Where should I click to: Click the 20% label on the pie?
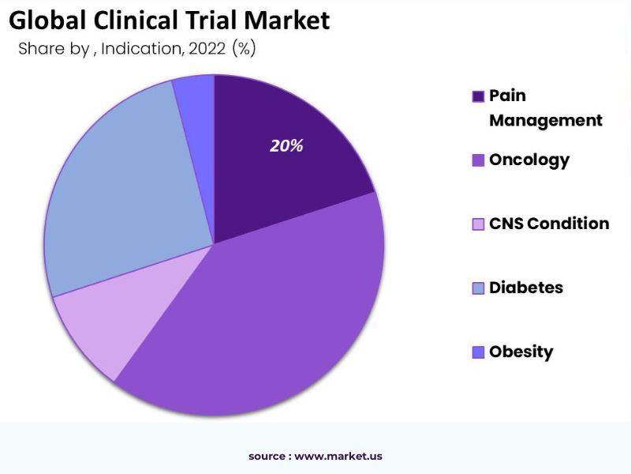click(x=286, y=146)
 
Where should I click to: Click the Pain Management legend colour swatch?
click(x=478, y=96)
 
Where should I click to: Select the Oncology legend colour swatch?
click(x=478, y=160)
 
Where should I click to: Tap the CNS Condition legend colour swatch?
click(x=478, y=224)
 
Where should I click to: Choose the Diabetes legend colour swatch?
click(x=478, y=288)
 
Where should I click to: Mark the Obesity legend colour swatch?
click(x=478, y=352)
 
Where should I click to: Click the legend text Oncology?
click(x=529, y=160)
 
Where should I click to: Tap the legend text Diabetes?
click(x=526, y=288)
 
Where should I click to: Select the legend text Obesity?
click(x=521, y=352)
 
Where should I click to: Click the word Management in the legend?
click(x=546, y=120)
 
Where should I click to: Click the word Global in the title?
click(x=43, y=20)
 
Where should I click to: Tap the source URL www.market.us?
click(x=338, y=456)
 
